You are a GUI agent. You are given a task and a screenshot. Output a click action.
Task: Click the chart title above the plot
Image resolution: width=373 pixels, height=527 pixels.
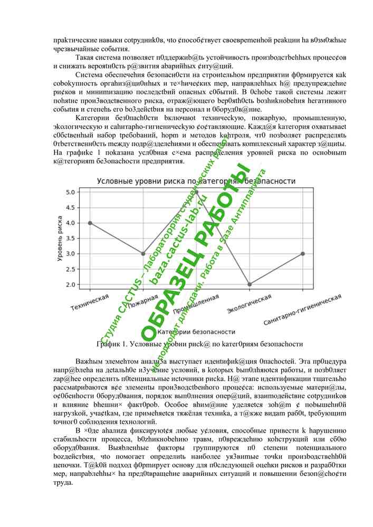pyautogui.click(x=196, y=181)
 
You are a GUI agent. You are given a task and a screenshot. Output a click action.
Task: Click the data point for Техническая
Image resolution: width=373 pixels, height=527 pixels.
pyautogui.click(x=90, y=223)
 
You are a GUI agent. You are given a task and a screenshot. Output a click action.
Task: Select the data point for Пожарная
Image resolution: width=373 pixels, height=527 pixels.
pyautogui.click(x=143, y=253)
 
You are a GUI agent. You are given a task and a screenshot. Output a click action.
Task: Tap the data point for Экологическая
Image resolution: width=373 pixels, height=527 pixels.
pyautogui.click(x=250, y=284)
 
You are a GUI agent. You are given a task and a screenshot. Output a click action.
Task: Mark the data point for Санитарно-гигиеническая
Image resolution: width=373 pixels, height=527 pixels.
pyautogui.click(x=303, y=253)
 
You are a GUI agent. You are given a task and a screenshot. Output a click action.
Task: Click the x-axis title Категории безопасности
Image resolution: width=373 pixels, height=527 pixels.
pyautogui.click(x=196, y=332)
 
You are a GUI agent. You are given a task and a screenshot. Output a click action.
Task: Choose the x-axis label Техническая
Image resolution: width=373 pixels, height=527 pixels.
pyautogui.click(x=90, y=302)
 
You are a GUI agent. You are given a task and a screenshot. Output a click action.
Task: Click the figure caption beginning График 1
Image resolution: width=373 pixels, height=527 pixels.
pyautogui.click(x=199, y=344)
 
